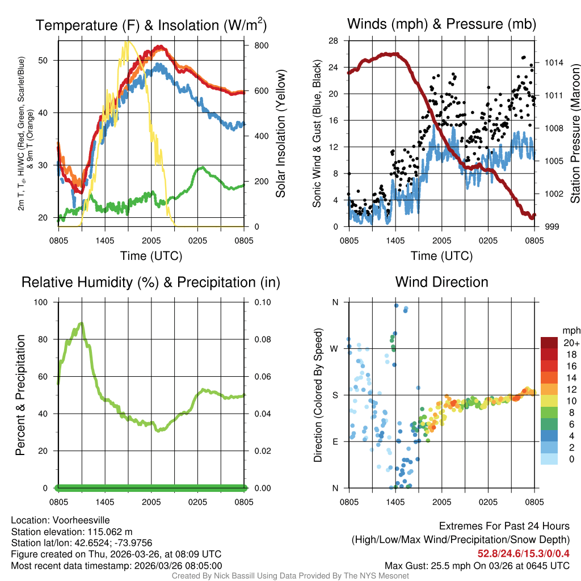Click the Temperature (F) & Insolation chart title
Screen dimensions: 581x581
(151, 25)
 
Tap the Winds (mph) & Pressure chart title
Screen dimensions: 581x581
(441, 24)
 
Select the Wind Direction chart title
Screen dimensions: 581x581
(441, 282)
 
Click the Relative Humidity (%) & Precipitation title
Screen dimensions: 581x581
(151, 282)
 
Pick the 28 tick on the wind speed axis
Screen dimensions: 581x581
(334, 41)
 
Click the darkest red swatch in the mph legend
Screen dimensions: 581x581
(549, 342)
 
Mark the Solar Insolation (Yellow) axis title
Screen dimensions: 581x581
(280, 134)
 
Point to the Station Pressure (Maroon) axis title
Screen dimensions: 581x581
(575, 134)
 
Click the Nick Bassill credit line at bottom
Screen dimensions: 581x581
(290, 576)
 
